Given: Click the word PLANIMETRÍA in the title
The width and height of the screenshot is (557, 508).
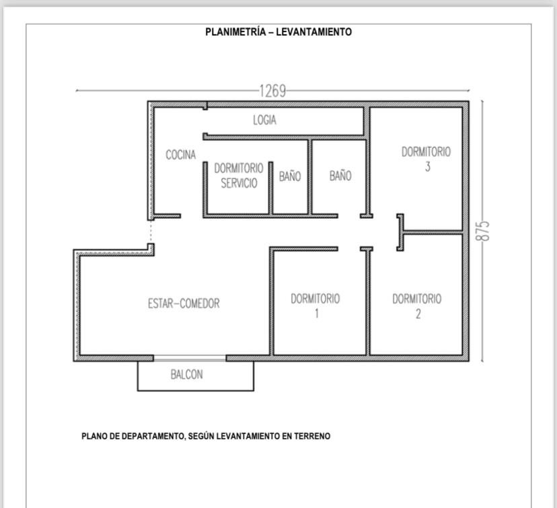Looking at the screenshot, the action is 235,32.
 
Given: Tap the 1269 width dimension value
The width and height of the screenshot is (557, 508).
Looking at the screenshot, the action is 272,91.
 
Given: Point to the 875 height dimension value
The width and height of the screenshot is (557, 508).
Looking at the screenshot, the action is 482,231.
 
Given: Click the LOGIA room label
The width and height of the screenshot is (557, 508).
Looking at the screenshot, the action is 264,120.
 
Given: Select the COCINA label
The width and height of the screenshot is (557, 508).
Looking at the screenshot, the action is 181,155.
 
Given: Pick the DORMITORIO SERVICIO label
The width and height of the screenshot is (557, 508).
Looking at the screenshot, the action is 239,176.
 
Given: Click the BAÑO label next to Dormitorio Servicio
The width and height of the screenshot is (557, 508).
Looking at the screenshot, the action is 290,176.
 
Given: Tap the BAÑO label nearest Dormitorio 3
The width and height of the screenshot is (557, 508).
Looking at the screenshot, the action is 340,175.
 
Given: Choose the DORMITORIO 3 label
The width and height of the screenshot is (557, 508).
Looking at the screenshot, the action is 426,159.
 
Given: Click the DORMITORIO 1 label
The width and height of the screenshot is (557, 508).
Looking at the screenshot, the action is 315,306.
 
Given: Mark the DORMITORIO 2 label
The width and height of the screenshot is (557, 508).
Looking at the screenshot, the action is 417,306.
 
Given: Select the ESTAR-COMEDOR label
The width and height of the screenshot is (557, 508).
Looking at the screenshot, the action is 184,303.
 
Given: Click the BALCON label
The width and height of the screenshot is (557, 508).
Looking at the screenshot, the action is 187,374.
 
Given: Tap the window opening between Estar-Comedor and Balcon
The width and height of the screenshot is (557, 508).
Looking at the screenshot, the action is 190,358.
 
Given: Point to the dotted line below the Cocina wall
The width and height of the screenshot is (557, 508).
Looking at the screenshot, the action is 151,231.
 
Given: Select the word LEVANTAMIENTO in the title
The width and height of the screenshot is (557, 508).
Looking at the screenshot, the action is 314,32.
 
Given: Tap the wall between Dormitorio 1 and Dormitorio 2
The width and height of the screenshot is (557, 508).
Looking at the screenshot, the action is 368,302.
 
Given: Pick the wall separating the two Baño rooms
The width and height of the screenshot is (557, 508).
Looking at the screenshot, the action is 309,177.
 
